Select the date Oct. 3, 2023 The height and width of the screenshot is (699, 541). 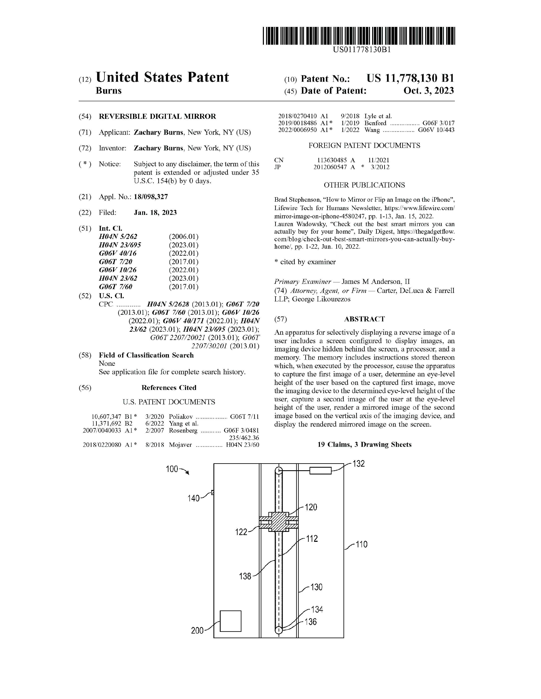click(429, 91)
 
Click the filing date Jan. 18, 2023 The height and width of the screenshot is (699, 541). click(155, 212)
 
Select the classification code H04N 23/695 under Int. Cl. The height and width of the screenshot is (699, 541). click(120, 245)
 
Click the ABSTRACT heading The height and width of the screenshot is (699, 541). click(364, 319)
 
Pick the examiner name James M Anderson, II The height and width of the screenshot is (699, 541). click(376, 282)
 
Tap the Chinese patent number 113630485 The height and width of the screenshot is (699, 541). click(332, 160)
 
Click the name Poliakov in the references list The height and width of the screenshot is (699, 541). click(181, 417)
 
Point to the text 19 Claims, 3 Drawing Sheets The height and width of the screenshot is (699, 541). click(364, 445)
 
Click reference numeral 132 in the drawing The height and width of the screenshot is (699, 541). click(359, 464)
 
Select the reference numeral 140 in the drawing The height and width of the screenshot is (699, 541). click(193, 498)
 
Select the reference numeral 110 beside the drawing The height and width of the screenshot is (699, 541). click(361, 544)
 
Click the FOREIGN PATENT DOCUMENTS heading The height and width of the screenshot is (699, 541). click(364, 146)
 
